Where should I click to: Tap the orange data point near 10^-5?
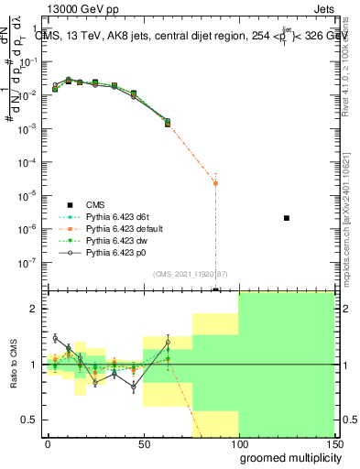click(215, 183)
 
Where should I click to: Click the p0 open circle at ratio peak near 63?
click(168, 343)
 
